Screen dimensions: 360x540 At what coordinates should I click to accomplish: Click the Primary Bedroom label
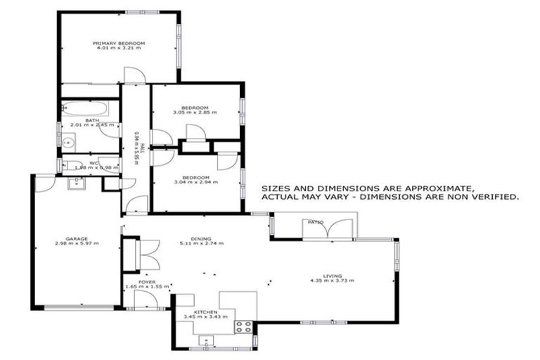click(119, 44)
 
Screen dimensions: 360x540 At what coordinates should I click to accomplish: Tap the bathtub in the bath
click(84, 109)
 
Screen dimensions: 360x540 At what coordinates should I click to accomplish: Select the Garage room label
click(77, 238)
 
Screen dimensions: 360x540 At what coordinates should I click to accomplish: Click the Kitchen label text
click(206, 311)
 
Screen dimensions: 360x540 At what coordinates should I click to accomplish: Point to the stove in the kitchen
click(244, 326)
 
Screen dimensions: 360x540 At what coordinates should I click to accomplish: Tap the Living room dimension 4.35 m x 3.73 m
click(331, 281)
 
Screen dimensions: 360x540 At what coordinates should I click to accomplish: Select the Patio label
click(315, 222)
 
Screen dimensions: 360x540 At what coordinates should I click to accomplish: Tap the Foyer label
click(146, 282)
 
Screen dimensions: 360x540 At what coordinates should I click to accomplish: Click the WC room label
click(92, 163)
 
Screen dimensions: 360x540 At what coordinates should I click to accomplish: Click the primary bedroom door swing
click(134, 75)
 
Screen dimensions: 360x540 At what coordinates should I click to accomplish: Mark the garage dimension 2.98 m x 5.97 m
click(77, 243)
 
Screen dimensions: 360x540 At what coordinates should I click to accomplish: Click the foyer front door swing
click(145, 298)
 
